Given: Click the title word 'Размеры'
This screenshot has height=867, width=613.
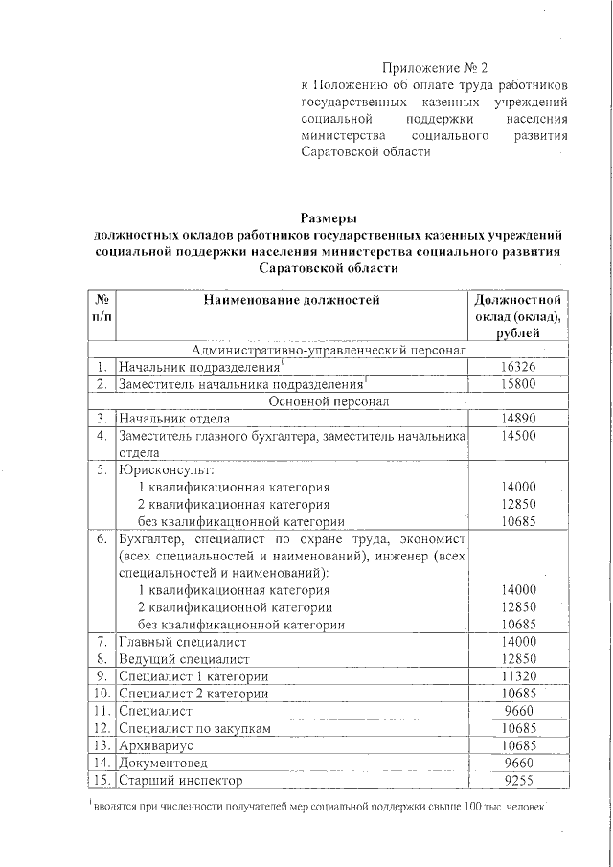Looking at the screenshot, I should click(329, 217).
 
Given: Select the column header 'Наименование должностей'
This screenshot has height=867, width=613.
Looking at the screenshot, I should click(291, 300).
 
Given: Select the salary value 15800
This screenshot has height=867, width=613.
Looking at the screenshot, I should click(518, 384).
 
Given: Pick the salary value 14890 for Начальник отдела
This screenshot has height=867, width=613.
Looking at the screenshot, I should click(518, 419).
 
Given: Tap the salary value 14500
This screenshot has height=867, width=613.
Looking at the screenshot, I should click(518, 436).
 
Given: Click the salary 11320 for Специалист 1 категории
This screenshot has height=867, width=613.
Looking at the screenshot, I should click(518, 676).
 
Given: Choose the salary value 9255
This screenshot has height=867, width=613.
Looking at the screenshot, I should click(518, 780).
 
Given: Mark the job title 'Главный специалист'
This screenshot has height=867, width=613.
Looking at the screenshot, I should click(183, 642).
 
